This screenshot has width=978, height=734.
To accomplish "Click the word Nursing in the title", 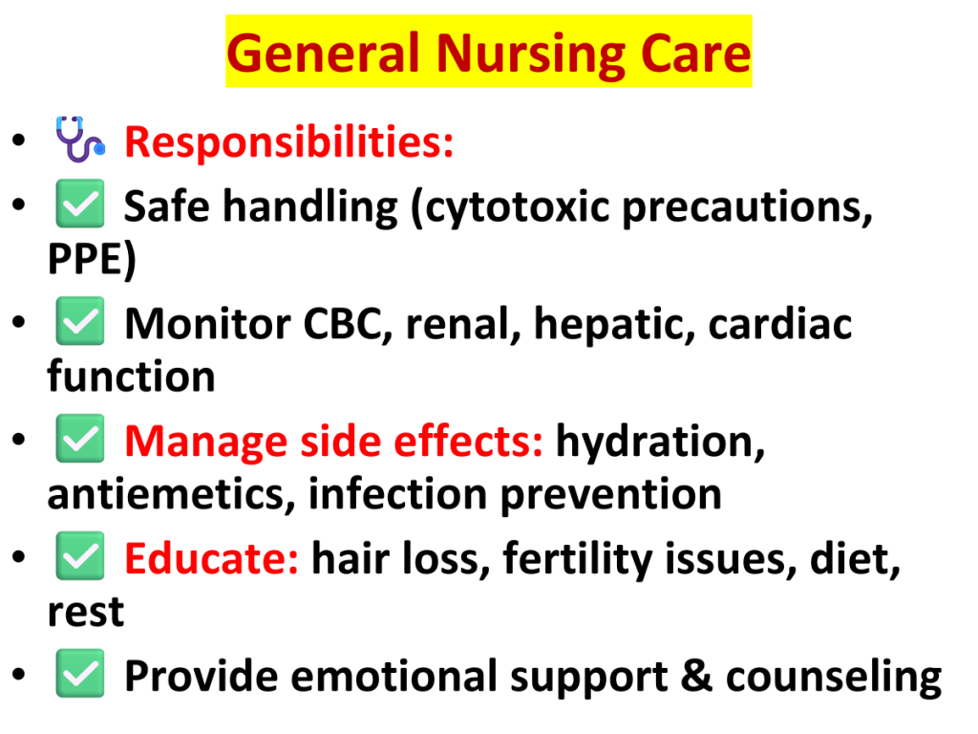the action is click(x=530, y=54).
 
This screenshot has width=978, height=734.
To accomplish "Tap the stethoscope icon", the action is click(x=80, y=140).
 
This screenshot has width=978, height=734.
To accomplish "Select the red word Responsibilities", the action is click(x=288, y=143).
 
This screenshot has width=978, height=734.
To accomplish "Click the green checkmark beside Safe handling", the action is click(x=80, y=204).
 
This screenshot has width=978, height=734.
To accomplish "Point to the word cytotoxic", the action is click(x=517, y=207).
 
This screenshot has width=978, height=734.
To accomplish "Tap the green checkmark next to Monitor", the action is click(x=80, y=321).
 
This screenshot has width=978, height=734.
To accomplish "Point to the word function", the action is click(x=131, y=377).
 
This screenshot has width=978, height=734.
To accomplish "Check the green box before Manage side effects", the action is click(x=80, y=438).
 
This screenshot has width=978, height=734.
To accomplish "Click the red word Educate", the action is click(x=211, y=558).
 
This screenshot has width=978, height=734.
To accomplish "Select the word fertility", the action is click(x=578, y=559).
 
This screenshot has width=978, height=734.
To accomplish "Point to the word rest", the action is click(x=85, y=613).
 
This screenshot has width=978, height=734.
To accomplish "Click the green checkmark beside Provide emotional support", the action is click(x=80, y=673).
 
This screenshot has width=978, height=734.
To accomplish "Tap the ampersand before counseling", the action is click(x=696, y=676).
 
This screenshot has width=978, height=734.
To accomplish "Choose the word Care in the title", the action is click(x=695, y=54).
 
